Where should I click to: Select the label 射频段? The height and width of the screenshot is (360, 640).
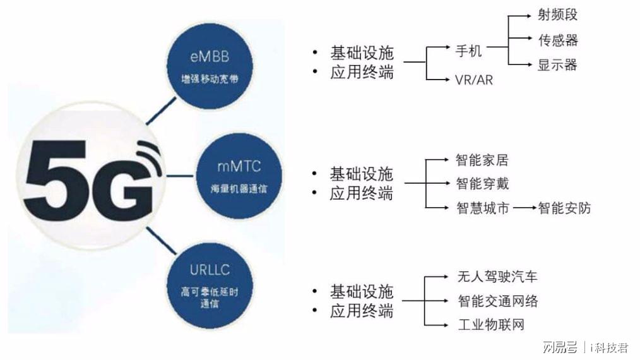(557, 15)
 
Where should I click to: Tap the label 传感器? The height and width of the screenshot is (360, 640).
(557, 40)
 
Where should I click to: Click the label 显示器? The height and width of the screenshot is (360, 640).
(557, 64)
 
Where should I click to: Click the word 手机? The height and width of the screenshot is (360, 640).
(468, 50)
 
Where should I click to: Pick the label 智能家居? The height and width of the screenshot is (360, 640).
(482, 160)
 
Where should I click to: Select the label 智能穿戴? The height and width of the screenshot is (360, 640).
(482, 184)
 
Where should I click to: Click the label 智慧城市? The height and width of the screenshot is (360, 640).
(482, 208)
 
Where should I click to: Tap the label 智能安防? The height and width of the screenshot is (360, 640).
(564, 208)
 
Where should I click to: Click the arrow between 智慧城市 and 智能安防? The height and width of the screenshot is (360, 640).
(523, 208)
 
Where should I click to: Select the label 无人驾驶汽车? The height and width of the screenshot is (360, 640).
(497, 277)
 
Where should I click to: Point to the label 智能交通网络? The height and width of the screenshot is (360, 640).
(497, 301)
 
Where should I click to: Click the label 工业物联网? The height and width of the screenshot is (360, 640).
(490, 325)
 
